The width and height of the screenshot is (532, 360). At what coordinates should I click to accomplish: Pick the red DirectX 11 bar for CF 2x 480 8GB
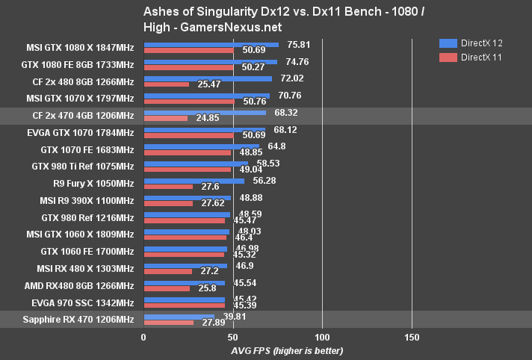[x=166, y=84]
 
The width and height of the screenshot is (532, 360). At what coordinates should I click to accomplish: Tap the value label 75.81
[x=295, y=43]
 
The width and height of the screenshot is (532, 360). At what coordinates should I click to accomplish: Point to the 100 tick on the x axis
[x=322, y=337]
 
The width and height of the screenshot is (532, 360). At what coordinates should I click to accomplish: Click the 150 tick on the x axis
[x=411, y=337]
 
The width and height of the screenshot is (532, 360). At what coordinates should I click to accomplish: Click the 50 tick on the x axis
[x=232, y=337]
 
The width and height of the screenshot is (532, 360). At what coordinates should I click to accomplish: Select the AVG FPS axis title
[x=276, y=350]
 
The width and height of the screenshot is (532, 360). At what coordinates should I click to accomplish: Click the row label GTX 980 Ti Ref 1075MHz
[x=83, y=166]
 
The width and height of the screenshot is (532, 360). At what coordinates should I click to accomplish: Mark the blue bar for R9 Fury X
[x=194, y=180]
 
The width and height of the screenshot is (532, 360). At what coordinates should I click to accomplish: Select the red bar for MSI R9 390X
[x=168, y=203]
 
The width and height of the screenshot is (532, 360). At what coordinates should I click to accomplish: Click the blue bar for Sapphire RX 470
[x=179, y=316]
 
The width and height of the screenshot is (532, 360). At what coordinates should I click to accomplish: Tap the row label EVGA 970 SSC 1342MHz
[x=83, y=302]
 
